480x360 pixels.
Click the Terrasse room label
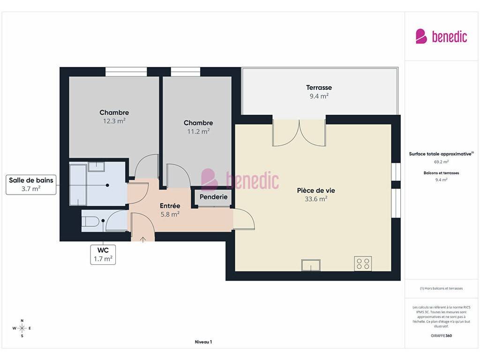319,88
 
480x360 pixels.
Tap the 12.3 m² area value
114,121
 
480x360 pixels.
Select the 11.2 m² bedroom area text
198,131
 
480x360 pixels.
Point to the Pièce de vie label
316,190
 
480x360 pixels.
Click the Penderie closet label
213,197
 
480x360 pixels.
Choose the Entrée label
170,206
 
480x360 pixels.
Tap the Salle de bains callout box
31,185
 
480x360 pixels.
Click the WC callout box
103,255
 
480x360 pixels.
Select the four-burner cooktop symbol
363,263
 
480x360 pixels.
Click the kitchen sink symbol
311,265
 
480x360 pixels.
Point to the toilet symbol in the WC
90,221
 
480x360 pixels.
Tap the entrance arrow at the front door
143,239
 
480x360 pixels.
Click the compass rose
22,328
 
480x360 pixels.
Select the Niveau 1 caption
203,342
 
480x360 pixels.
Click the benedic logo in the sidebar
441,36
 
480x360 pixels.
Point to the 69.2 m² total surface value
441,162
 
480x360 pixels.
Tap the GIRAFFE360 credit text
441,336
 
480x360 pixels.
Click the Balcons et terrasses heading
441,173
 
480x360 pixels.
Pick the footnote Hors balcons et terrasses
441,288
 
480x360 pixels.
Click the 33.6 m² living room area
316,199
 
